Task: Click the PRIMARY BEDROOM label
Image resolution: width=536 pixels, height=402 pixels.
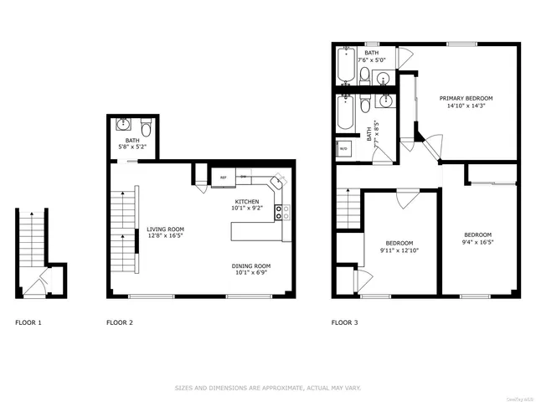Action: [x=466, y=98]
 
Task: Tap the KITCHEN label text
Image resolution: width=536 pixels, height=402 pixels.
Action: [x=246, y=202]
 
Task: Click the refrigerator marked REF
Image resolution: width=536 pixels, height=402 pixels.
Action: [x=224, y=178]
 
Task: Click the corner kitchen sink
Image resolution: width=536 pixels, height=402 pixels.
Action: [x=278, y=181]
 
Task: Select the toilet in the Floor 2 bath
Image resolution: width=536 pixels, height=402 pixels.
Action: [x=146, y=128]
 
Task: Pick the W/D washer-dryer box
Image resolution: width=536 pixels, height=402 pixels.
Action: [x=343, y=151]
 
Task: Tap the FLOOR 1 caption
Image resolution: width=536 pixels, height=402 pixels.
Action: [x=28, y=322]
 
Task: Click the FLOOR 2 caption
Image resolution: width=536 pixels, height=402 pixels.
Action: [x=119, y=322]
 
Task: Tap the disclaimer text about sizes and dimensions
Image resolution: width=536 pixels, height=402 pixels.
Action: [x=267, y=388]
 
